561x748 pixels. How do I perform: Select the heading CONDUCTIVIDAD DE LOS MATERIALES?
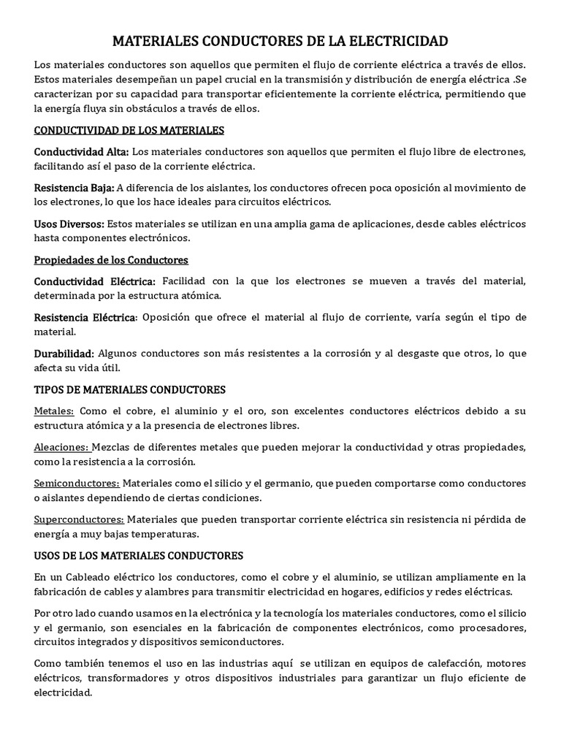[x=129, y=130]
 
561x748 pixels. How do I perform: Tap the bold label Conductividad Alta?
[x=81, y=152]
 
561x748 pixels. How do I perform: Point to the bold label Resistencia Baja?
[x=74, y=188]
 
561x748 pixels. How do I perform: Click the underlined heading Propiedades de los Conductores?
[x=111, y=259]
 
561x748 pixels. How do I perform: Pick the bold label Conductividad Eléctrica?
[x=95, y=281]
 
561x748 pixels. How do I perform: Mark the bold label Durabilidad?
[x=64, y=353]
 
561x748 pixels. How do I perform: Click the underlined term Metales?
[x=53, y=411]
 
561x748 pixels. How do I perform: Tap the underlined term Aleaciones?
[x=62, y=446]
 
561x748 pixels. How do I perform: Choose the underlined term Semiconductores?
[x=77, y=483]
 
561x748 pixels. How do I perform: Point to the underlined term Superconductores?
[x=80, y=519]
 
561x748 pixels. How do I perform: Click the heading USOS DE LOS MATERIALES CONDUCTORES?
[x=139, y=555]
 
